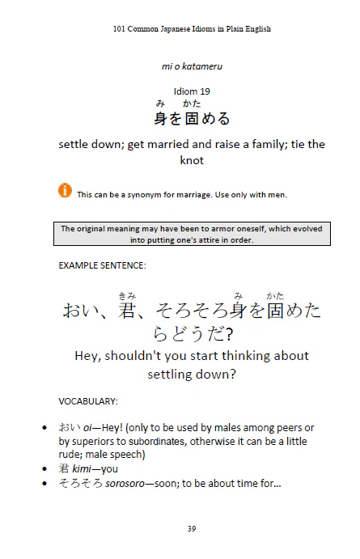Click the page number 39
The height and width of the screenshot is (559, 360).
[192, 528]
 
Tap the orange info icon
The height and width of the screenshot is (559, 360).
[65, 190]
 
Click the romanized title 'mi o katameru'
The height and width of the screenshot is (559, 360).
[192, 64]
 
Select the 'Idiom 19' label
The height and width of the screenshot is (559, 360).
[192, 90]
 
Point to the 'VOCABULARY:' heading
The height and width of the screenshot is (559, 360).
[88, 400]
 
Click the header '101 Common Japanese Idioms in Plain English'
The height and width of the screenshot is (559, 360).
[192, 28]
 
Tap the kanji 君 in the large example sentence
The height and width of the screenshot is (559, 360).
[127, 311]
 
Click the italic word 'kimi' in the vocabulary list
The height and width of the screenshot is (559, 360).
[86, 468]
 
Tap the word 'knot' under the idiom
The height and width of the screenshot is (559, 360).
[192, 160]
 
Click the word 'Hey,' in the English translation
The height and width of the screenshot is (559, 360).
[91, 356]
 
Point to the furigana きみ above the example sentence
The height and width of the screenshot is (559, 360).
[126, 295]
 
